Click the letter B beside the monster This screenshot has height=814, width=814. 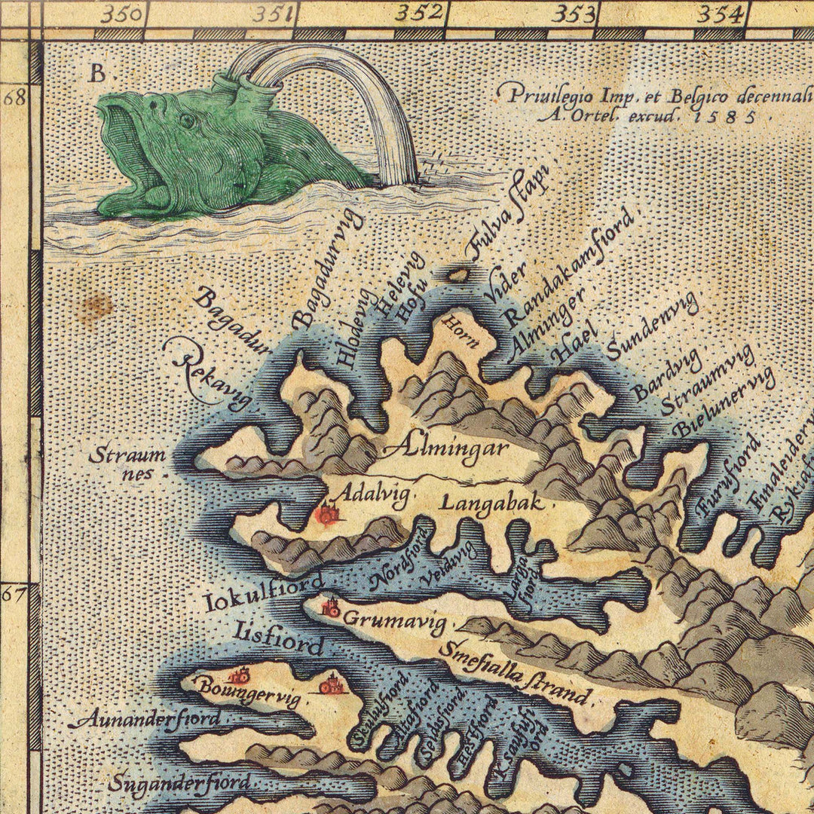[97, 73]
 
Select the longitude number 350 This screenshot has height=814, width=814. [123, 13]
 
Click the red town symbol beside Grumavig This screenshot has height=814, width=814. [331, 607]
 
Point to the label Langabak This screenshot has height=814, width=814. [491, 502]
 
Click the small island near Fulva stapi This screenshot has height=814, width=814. [457, 275]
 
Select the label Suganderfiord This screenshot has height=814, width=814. [179, 784]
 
